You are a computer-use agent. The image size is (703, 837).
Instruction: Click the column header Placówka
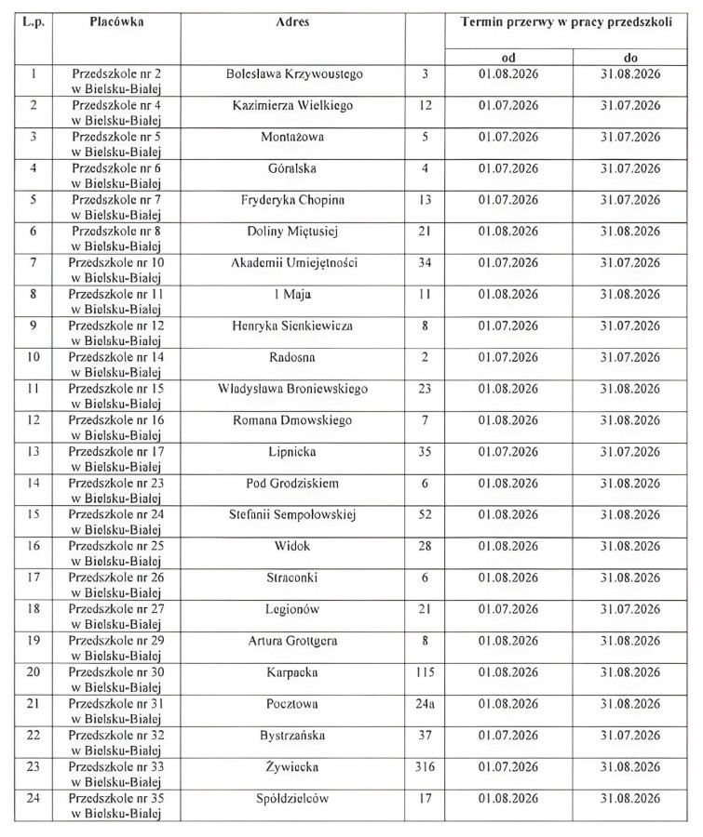tap(116, 20)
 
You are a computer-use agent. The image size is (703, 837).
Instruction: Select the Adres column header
tap(293, 20)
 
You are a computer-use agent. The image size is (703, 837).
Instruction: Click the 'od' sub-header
tap(508, 57)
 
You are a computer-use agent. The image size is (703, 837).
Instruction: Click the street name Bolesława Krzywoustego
tap(294, 73)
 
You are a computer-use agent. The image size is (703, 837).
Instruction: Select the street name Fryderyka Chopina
tap(292, 200)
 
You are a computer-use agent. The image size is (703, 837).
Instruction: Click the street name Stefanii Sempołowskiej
tap(292, 514)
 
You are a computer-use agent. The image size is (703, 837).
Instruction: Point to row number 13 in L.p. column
tap(34, 451)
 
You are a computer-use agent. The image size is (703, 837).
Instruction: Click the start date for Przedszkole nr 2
tap(508, 73)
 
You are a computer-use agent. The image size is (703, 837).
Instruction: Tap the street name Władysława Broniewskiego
tap(292, 389)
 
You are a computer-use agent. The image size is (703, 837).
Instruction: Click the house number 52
tap(426, 514)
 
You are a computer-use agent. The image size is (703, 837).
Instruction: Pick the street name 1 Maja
tap(292, 294)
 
